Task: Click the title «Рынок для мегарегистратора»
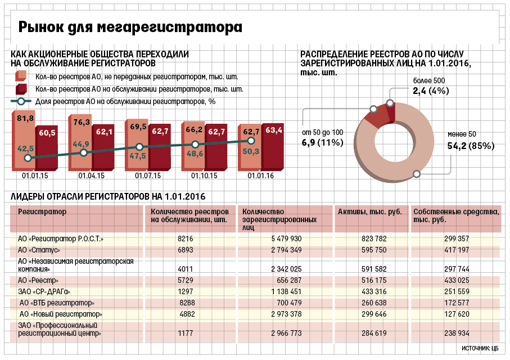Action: [130, 27]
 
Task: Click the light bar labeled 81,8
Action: [24, 141]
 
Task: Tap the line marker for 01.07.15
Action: [139, 147]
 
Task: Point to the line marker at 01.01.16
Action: [251, 141]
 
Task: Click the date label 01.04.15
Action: [92, 175]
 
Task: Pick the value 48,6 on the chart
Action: [195, 154]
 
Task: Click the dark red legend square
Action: [21, 89]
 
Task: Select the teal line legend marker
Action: [21, 101]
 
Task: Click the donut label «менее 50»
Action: [462, 134]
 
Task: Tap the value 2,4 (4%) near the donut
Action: [431, 91]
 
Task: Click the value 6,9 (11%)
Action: [323, 142]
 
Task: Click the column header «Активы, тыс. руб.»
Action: [370, 212]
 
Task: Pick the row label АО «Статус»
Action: [39, 250]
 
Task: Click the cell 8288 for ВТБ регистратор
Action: [187, 303]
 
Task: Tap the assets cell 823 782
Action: [374, 238]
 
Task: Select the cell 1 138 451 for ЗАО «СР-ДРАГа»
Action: [286, 291]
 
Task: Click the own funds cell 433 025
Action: [457, 280]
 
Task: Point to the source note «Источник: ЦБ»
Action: [480, 348]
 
